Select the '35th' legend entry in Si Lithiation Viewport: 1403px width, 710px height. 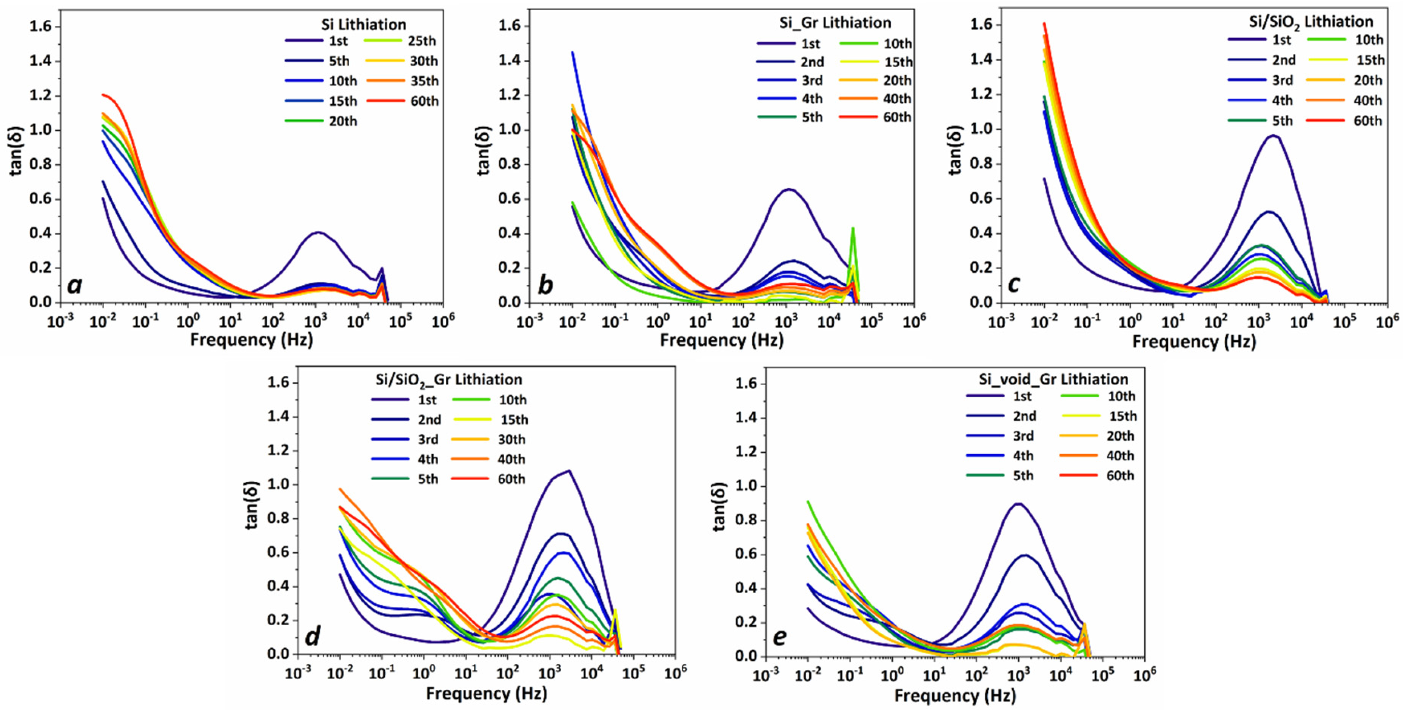coord(424,81)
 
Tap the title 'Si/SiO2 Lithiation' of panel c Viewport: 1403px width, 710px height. coord(1311,22)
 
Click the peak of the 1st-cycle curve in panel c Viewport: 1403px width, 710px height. coord(1274,135)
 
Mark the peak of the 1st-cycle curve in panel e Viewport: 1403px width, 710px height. coord(1017,504)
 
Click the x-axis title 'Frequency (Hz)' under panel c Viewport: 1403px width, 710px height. coord(1194,342)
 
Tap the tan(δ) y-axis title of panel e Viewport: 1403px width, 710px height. coord(720,507)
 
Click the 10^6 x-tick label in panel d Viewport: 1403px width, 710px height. coord(675,673)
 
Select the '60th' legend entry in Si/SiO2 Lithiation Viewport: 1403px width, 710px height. coord(1367,121)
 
